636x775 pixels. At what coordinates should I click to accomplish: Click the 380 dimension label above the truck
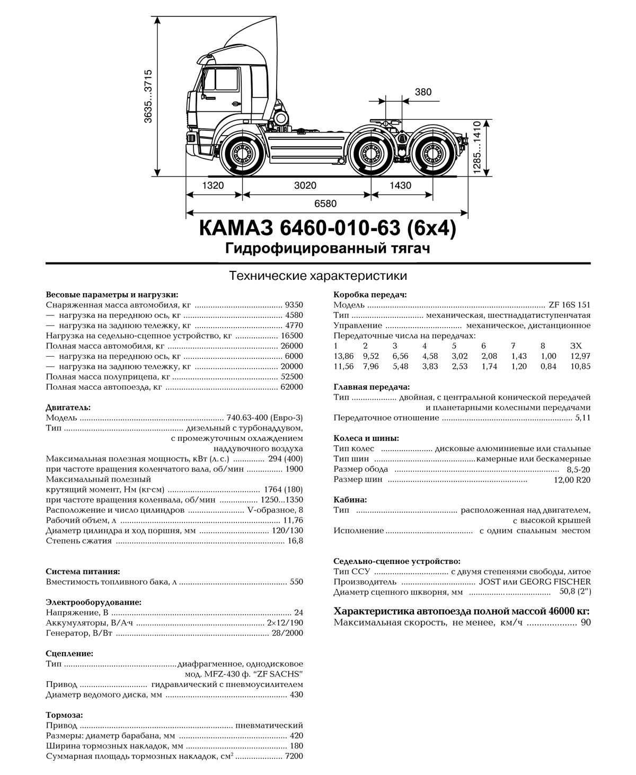coord(423,92)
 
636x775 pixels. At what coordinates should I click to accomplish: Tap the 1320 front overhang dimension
coord(213,186)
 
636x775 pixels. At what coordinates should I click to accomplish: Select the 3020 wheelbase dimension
coord(305,186)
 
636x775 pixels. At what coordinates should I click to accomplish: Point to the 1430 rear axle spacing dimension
coord(400,186)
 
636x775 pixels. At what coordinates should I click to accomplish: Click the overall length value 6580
coord(325,204)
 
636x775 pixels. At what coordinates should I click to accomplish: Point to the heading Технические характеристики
coord(318,276)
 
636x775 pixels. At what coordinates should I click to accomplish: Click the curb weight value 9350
coord(294,305)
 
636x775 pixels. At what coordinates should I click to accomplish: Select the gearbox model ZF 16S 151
coord(569,305)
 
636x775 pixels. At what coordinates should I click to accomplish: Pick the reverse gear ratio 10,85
coord(580,366)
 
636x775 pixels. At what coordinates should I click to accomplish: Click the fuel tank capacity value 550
coord(296,582)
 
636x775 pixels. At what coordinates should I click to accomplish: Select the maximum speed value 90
coord(585,622)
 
